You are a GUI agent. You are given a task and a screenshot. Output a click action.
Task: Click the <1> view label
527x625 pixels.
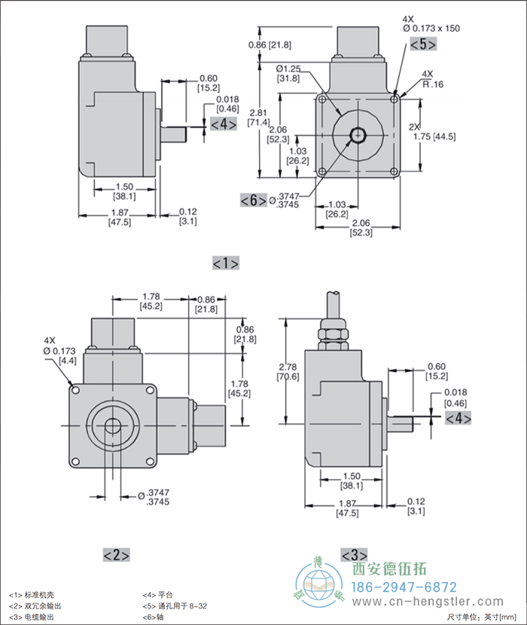(226, 263)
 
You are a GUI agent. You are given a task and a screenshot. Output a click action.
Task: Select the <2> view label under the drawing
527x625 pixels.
(116, 555)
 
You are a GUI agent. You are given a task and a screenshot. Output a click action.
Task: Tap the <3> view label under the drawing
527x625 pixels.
(354, 555)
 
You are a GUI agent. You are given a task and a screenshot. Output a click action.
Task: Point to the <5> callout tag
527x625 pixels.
(422, 44)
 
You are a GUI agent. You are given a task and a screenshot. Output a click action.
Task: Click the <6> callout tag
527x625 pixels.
(253, 200)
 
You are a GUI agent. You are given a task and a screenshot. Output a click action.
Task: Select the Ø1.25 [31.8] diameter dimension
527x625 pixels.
(288, 73)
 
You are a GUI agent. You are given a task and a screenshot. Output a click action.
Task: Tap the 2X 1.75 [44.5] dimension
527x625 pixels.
(434, 132)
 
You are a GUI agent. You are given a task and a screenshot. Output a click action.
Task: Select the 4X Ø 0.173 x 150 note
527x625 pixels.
(431, 23)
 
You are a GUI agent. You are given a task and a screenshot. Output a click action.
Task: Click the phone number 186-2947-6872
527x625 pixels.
(405, 587)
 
